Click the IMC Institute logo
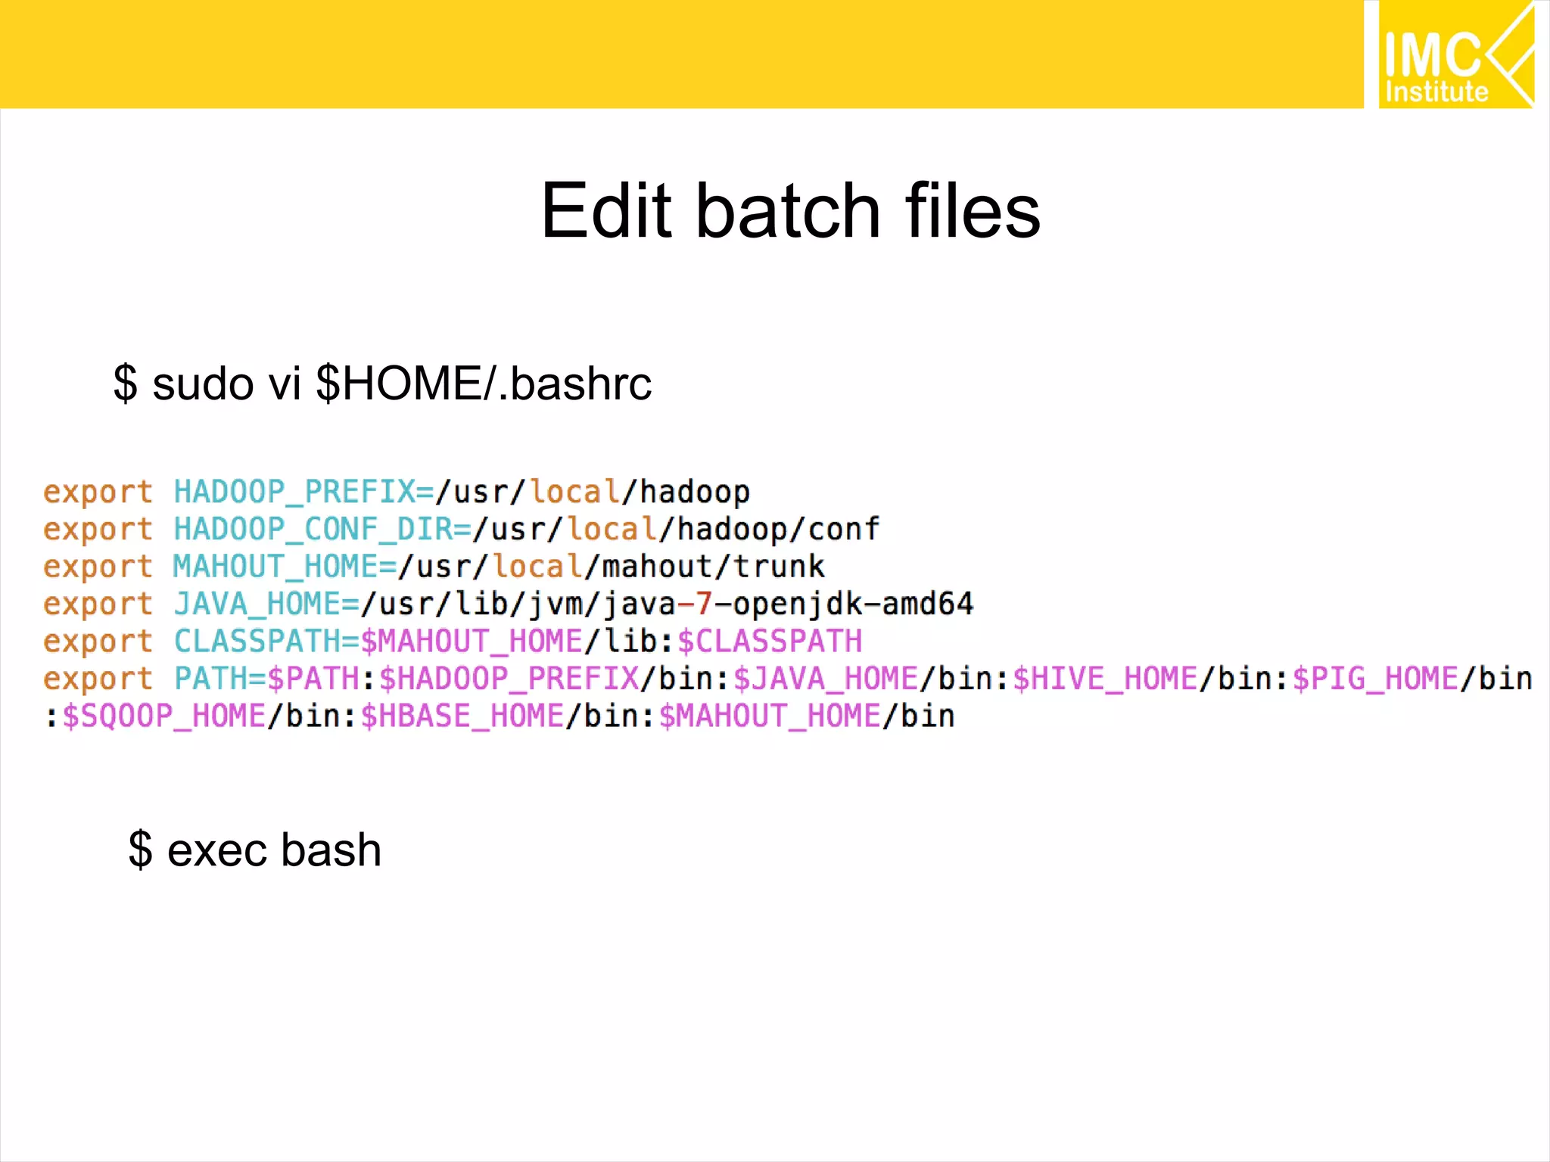pyautogui.click(x=1455, y=54)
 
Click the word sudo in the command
pyautogui.click(x=202, y=384)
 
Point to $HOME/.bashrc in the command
pyautogui.click(x=483, y=384)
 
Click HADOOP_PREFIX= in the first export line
pyautogui.click(x=304, y=492)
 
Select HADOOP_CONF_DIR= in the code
pyautogui.click(x=322, y=529)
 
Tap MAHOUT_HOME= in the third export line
pyautogui.click(x=285, y=567)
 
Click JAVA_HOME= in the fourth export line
pyautogui.click(x=266, y=604)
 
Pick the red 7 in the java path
pyautogui.click(x=704, y=604)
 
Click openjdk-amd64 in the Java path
pyautogui.click(x=853, y=604)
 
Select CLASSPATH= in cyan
pyautogui.click(x=266, y=642)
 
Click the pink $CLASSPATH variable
pyautogui.click(x=770, y=642)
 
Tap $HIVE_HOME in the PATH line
pyautogui.click(x=1105, y=679)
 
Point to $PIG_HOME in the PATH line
pyautogui.click(x=1375, y=679)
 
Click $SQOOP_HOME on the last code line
pyautogui.click(x=163, y=716)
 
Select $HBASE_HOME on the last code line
pyautogui.click(x=462, y=716)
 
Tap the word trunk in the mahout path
pyautogui.click(x=779, y=567)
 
